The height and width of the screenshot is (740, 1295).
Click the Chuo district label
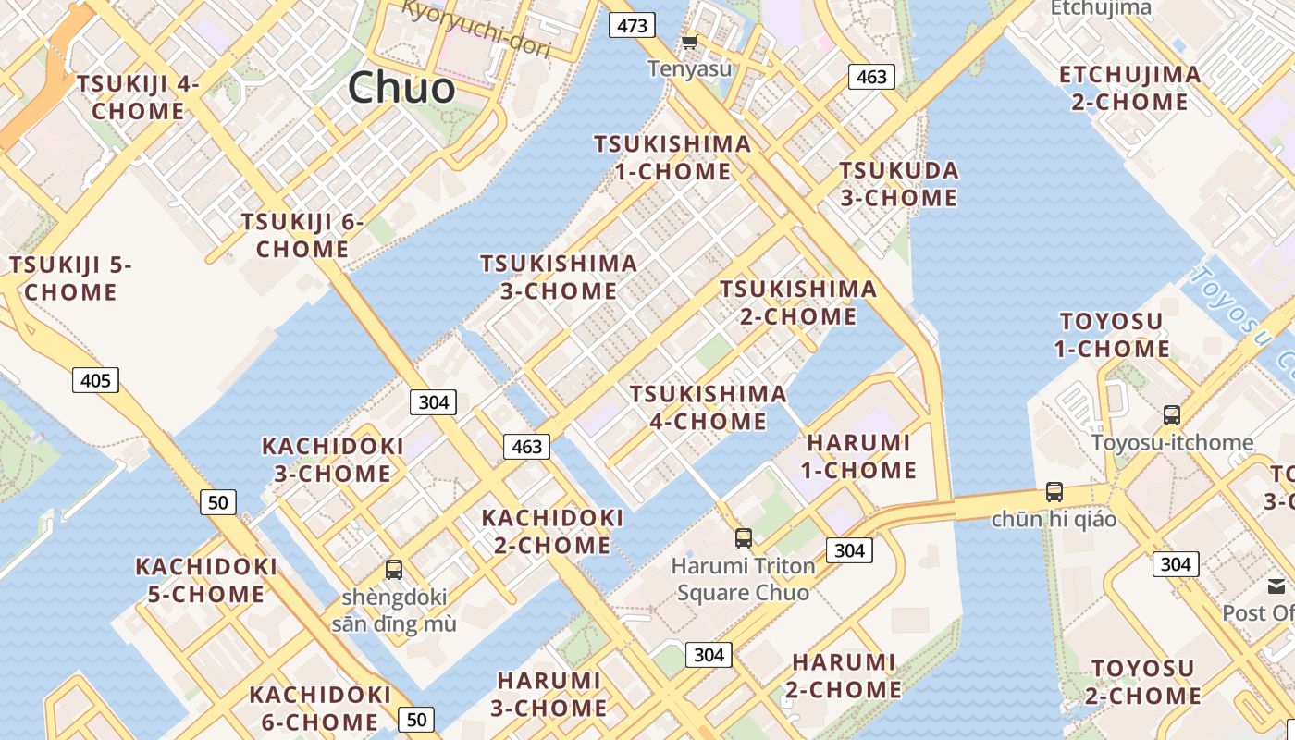tap(401, 88)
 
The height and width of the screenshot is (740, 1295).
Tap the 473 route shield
tap(633, 25)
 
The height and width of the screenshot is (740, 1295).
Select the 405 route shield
tap(95, 379)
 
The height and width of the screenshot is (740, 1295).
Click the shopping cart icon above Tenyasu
tap(689, 42)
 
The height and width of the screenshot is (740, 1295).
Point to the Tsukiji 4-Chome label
tap(139, 97)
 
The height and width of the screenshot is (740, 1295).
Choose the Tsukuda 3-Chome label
tap(898, 184)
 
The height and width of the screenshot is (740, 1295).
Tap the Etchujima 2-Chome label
tap(1129, 88)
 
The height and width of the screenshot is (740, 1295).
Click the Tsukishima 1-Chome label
tap(672, 157)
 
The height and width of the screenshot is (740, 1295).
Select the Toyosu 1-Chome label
tap(1112, 335)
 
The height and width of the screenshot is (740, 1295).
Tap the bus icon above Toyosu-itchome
tap(1172, 415)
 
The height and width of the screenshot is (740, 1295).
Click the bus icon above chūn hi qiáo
tap(1054, 492)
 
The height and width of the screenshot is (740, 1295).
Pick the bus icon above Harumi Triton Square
tap(743, 537)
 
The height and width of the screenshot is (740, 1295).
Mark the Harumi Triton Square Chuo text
tap(744, 579)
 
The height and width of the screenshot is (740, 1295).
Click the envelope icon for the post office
tap(1276, 586)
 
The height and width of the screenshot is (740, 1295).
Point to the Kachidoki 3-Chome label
tap(333, 460)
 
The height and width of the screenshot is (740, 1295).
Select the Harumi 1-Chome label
tap(858, 456)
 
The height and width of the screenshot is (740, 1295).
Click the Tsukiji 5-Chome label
tap(71, 278)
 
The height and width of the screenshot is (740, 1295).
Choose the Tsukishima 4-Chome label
tap(708, 408)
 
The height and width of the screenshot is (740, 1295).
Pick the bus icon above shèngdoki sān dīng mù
tap(394, 569)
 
